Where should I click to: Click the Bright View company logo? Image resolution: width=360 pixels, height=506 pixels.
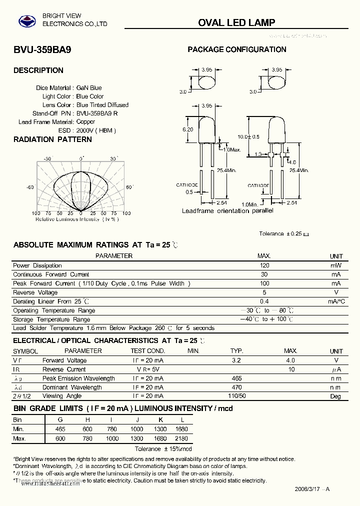coord(27,21)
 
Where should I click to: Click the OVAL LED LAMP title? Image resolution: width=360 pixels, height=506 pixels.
coord(236,22)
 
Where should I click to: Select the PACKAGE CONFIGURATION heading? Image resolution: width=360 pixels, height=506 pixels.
coord(236,49)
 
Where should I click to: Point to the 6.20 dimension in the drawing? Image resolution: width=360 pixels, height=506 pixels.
coord(187,129)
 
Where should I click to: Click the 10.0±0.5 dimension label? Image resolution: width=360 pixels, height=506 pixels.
coord(248,136)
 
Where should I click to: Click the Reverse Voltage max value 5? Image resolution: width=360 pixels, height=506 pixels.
coord(264,292)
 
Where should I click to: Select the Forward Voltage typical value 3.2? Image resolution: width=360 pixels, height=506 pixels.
coord(236,360)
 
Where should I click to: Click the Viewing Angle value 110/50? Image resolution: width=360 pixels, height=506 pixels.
coord(236,396)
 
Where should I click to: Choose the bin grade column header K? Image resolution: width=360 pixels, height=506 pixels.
coord(160,420)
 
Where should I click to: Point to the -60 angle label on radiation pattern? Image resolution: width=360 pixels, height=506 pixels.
coord(30,187)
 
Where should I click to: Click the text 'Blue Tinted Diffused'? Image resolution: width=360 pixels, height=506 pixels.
coord(102,105)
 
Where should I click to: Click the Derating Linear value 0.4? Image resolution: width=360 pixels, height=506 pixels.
coord(264,301)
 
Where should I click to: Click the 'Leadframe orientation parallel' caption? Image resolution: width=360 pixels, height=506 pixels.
coord(227,211)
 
